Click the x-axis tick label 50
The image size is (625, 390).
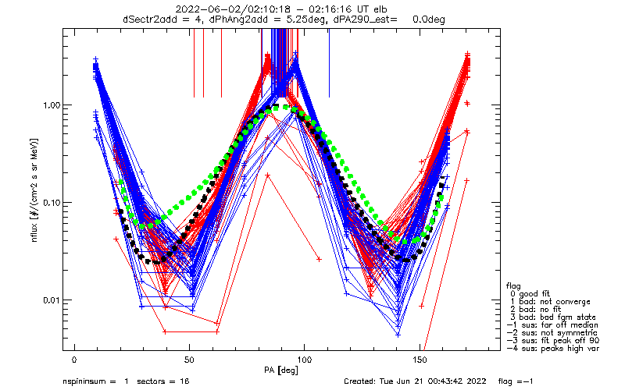(189, 360)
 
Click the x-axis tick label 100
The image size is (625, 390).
(304, 360)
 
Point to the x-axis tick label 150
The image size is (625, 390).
(420, 360)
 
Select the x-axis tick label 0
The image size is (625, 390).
(74, 360)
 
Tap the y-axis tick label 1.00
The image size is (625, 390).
(52, 105)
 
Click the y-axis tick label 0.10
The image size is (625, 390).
(52, 203)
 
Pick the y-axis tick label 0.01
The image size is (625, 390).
(52, 300)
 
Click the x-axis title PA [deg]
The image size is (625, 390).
(281, 370)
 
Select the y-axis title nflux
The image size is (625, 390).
(34, 232)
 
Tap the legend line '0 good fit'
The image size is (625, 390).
(530, 294)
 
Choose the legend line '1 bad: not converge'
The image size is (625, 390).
(550, 302)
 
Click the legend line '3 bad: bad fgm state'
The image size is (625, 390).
(552, 317)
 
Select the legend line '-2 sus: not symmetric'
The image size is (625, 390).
(552, 333)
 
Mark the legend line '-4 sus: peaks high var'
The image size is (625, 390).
(552, 349)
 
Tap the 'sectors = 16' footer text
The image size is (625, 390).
(163, 381)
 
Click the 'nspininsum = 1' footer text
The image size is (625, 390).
(95, 381)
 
